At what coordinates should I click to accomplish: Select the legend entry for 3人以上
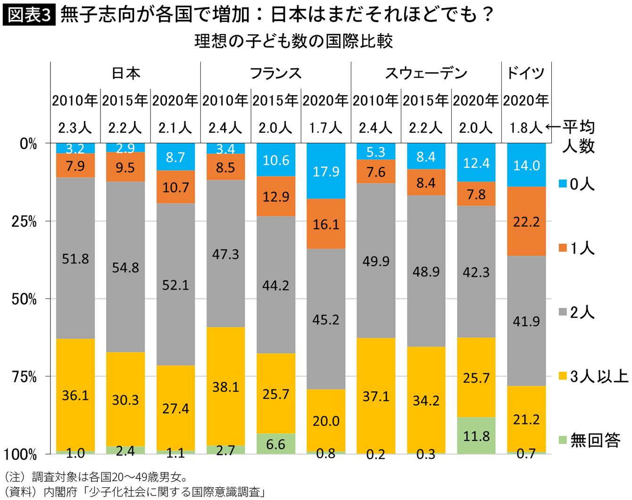[x=593, y=376]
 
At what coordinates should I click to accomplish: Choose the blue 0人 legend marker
[x=563, y=183]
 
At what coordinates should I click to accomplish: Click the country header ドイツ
[x=525, y=73]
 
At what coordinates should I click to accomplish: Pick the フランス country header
[x=275, y=73]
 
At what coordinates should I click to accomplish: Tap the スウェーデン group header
[x=426, y=73]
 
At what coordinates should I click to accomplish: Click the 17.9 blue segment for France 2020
[x=326, y=171]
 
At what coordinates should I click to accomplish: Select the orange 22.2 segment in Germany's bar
[x=526, y=221]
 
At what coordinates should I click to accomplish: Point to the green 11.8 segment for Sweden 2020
[x=476, y=436]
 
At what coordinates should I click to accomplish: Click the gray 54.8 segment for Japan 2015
[x=125, y=267]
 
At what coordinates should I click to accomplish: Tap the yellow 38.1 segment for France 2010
[x=226, y=386]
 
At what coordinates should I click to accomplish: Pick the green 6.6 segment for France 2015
[x=276, y=444]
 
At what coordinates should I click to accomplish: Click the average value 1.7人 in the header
[x=325, y=127]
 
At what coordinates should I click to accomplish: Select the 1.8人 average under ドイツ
[x=525, y=127]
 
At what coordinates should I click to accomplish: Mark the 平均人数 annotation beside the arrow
[x=578, y=136]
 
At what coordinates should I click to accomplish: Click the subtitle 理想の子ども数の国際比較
[x=293, y=41]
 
